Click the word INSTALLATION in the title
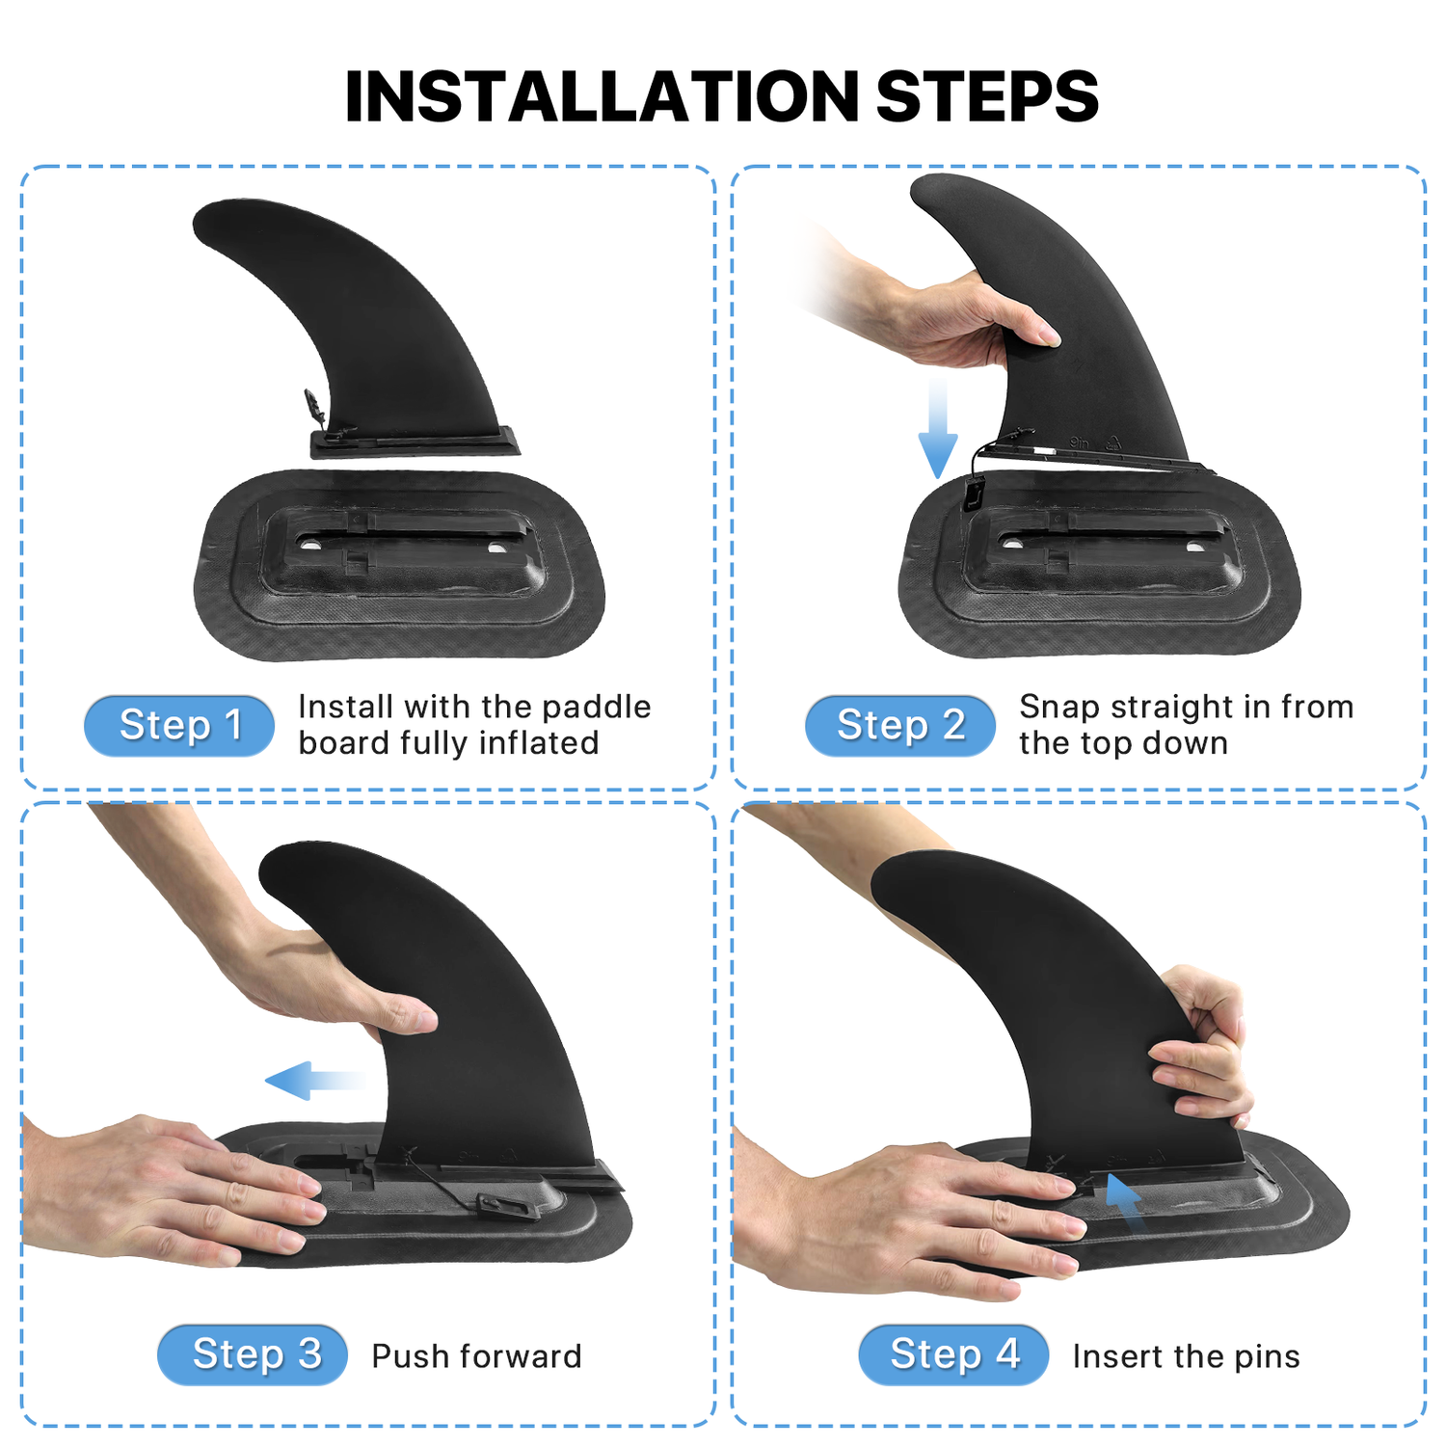click(x=602, y=96)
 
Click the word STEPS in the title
click(x=987, y=96)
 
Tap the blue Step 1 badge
click(x=179, y=725)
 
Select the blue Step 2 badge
click(x=900, y=725)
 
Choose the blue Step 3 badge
click(x=253, y=1354)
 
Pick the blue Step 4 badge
click(x=953, y=1354)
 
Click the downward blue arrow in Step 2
click(x=937, y=428)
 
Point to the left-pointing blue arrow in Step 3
click(x=314, y=1080)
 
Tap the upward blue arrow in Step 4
click(x=1124, y=1200)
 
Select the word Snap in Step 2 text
click(x=1060, y=708)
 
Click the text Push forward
click(x=476, y=1356)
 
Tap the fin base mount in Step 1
click(x=399, y=565)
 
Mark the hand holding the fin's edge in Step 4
click(x=1200, y=1046)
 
